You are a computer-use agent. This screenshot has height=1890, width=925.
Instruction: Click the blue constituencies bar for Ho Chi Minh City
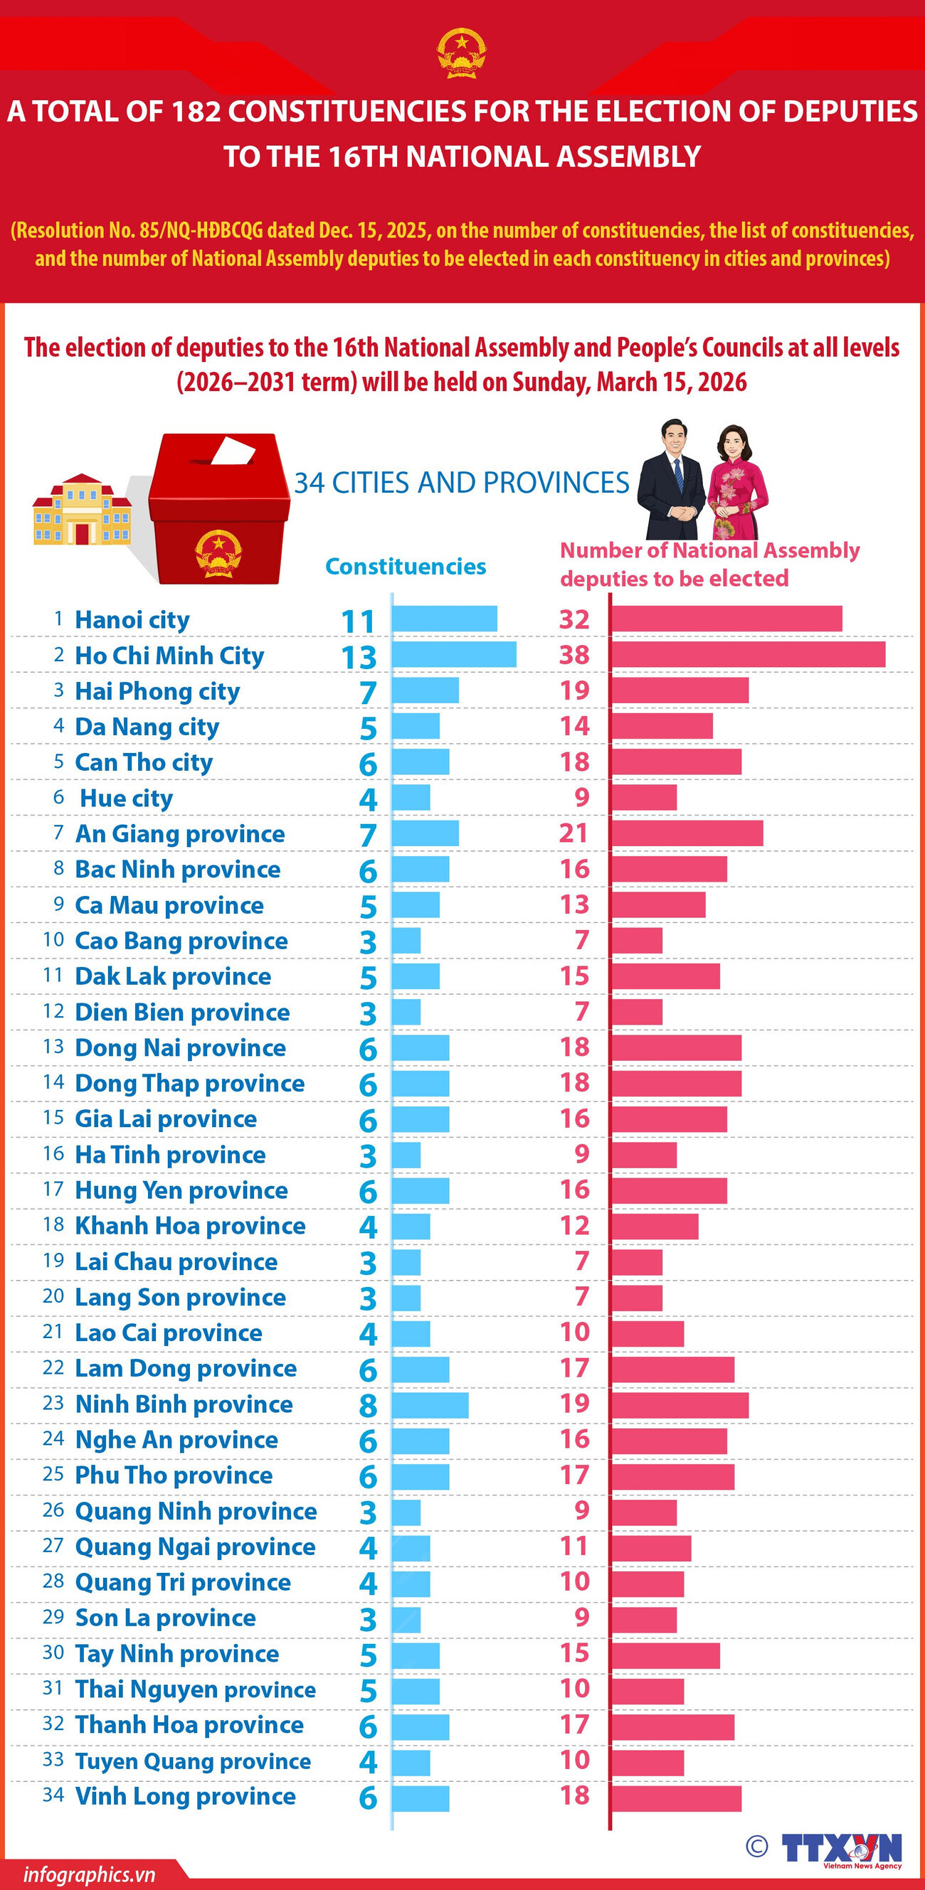click(454, 654)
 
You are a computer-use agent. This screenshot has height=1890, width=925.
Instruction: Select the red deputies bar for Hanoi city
click(726, 619)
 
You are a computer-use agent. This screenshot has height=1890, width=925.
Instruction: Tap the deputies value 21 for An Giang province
click(573, 833)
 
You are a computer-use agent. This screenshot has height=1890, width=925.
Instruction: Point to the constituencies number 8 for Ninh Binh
click(368, 1406)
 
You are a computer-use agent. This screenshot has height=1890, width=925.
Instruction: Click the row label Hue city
click(126, 798)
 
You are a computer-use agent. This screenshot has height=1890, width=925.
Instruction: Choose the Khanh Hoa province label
click(190, 1225)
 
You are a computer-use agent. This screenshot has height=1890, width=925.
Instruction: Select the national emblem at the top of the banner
click(462, 53)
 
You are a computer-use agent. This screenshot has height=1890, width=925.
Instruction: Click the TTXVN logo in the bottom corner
click(841, 1848)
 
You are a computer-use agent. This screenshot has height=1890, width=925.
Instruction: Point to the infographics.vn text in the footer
click(89, 1874)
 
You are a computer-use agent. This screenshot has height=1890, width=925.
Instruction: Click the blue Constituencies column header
click(406, 567)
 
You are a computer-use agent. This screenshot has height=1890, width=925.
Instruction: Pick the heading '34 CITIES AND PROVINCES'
click(462, 483)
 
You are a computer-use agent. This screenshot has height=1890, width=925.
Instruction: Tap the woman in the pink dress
click(737, 481)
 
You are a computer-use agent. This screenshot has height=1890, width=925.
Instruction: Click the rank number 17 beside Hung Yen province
click(53, 1189)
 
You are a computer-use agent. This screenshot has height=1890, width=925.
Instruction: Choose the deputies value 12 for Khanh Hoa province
click(574, 1225)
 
